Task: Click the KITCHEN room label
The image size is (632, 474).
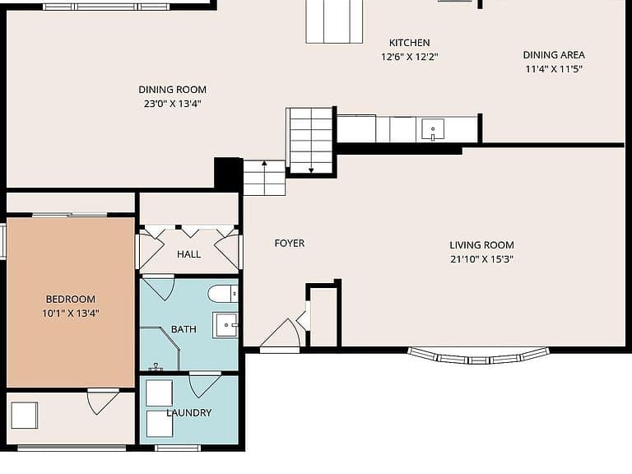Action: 409,43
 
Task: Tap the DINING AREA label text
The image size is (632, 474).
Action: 554,55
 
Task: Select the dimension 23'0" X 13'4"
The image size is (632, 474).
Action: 173,104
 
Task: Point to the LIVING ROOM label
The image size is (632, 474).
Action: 481,245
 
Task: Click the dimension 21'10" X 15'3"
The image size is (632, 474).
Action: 481,259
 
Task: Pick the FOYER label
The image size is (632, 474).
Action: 290,244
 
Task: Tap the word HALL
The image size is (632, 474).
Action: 188,254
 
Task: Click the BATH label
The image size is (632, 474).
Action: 184,329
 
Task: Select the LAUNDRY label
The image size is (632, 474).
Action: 189,413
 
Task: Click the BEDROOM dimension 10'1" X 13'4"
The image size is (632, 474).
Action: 71,314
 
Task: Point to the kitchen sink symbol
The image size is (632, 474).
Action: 433,129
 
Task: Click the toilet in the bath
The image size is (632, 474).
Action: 223,294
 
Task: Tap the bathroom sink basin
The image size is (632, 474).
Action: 225,325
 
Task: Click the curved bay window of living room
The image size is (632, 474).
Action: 478,357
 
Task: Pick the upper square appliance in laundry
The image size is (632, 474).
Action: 159,393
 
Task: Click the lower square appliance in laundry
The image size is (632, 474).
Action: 160,424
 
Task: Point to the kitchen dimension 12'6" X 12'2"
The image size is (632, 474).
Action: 410,57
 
